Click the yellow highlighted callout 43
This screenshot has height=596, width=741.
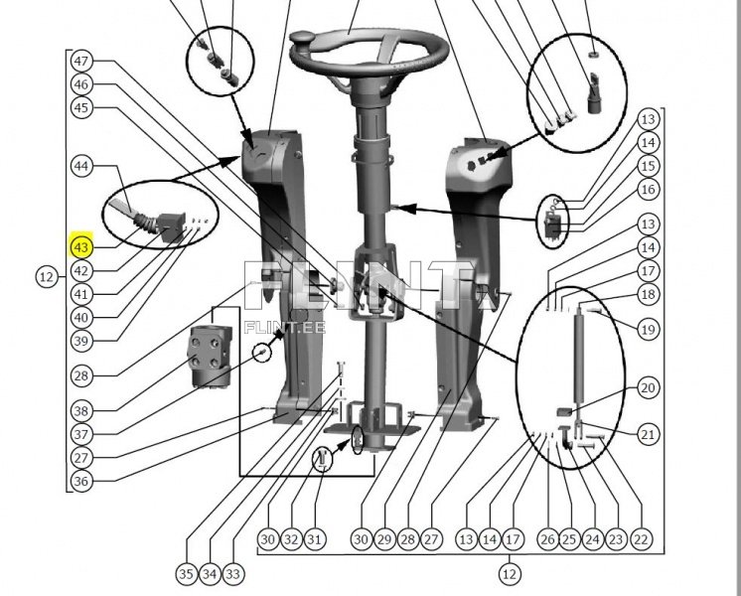pyautogui.click(x=81, y=247)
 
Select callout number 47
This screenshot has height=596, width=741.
pyautogui.click(x=81, y=61)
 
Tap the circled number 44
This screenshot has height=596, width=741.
pyautogui.click(x=81, y=166)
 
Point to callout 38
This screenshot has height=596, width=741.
pyautogui.click(x=81, y=410)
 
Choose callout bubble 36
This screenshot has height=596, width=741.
pyautogui.click(x=81, y=481)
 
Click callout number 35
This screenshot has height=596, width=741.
pyautogui.click(x=187, y=574)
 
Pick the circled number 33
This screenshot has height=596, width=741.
pyautogui.click(x=233, y=574)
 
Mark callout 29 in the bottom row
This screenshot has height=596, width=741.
pyautogui.click(x=384, y=538)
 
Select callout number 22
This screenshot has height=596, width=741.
pyautogui.click(x=641, y=538)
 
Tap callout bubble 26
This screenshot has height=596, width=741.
pyautogui.click(x=547, y=538)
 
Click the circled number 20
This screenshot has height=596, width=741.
pyautogui.click(x=648, y=387)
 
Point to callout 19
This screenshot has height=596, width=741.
pyautogui.click(x=648, y=329)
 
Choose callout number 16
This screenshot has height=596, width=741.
pyautogui.click(x=648, y=189)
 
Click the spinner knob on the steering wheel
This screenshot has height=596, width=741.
pyautogui.click(x=303, y=37)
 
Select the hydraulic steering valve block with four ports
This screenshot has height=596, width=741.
pyautogui.click(x=212, y=358)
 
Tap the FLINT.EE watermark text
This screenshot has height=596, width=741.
pyautogui.click(x=285, y=327)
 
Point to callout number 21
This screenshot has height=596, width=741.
pyautogui.click(x=648, y=434)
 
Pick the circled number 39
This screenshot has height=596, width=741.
pyautogui.click(x=81, y=341)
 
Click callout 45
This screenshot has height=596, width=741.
pyautogui.click(x=81, y=107)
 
